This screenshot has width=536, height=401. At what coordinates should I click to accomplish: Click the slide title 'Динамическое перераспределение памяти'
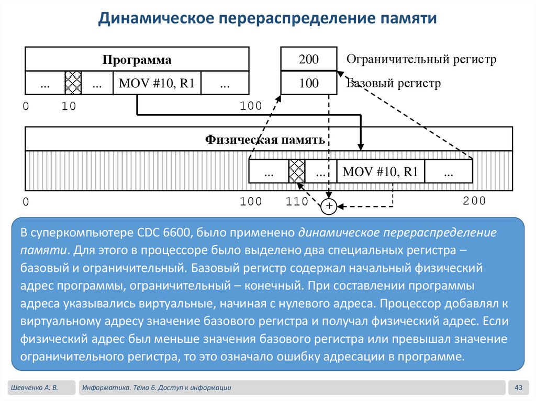(x=267, y=19)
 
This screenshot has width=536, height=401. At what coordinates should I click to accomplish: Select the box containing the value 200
(x=309, y=59)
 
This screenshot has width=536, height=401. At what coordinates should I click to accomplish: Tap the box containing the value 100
(x=309, y=83)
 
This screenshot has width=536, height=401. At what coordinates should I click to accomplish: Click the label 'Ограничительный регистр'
(x=421, y=59)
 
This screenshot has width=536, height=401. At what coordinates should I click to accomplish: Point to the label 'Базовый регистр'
(x=394, y=83)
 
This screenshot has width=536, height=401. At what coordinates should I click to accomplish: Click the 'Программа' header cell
(x=137, y=60)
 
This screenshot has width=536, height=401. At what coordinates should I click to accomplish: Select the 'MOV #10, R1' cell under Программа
(x=157, y=83)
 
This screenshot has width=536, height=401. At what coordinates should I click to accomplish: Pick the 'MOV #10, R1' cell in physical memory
(x=380, y=171)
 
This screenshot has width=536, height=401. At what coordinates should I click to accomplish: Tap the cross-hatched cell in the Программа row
(x=73, y=83)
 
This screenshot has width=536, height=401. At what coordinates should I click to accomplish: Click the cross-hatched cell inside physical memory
(x=297, y=171)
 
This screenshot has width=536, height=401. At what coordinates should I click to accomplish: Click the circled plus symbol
(x=329, y=207)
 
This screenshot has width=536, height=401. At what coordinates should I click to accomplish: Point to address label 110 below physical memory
(x=297, y=202)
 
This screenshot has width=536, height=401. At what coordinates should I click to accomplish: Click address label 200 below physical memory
(x=474, y=201)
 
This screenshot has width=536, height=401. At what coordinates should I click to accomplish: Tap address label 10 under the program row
(x=69, y=107)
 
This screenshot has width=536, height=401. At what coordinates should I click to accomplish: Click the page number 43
(x=519, y=387)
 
